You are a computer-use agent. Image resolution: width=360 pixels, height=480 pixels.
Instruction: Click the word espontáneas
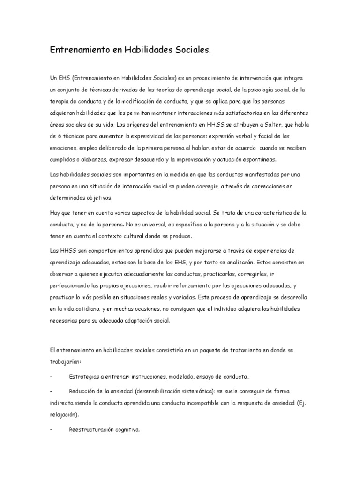pos(259,159)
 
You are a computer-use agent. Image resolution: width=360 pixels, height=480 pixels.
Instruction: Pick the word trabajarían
pos(65,362)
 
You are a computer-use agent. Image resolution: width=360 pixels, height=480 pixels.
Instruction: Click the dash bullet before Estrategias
pos(51,377)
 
